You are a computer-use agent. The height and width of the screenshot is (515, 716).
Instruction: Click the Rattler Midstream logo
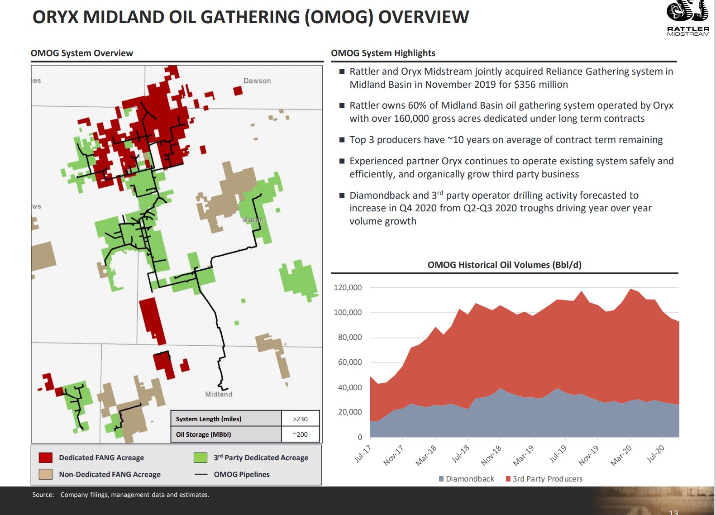(687, 18)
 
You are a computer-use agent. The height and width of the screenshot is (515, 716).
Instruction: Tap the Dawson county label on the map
(257, 81)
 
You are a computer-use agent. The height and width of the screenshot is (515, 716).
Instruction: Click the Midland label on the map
(219, 394)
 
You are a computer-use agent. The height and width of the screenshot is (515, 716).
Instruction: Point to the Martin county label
(253, 220)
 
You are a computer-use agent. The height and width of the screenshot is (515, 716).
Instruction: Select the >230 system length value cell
(300, 419)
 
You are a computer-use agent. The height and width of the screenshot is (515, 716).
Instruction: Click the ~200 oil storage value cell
(300, 434)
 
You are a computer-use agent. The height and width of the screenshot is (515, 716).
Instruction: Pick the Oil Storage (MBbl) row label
(203, 434)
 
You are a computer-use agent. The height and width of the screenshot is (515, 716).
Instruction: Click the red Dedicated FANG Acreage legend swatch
(46, 458)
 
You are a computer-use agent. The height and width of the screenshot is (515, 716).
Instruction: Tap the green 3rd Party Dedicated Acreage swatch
(200, 458)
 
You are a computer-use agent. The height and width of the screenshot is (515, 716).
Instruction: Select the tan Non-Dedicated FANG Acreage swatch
(46, 474)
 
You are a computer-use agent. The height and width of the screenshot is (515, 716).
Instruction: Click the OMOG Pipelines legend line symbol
(200, 474)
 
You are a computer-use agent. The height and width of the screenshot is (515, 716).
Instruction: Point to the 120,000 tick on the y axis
(348, 288)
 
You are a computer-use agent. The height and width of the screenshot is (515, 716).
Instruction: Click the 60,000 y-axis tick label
(349, 362)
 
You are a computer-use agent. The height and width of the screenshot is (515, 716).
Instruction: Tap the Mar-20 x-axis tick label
(621, 455)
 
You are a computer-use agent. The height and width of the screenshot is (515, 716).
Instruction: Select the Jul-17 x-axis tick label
(363, 454)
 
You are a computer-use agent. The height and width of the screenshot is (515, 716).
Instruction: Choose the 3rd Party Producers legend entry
(544, 479)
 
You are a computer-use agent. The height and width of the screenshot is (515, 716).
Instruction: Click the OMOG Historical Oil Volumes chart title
(504, 265)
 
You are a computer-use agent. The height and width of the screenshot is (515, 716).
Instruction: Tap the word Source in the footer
(43, 495)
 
